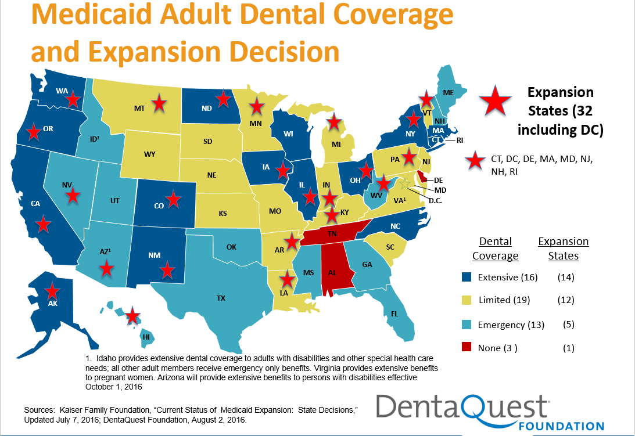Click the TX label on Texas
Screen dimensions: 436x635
click(221, 298)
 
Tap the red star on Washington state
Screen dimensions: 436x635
click(73, 100)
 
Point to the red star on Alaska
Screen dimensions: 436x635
click(53, 291)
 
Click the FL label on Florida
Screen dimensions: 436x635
click(395, 314)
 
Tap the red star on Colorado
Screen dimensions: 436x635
click(173, 200)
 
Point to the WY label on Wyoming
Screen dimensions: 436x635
click(149, 155)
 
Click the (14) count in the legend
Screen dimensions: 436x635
click(565, 278)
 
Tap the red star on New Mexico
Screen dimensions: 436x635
click(167, 269)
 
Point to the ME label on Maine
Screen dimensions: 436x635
click(448, 92)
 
